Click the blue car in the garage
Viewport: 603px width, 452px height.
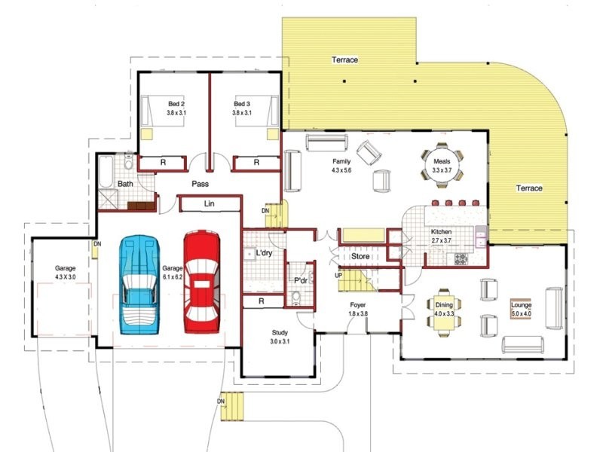139,285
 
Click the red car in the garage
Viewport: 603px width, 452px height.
201,282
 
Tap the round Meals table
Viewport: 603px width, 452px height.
442,165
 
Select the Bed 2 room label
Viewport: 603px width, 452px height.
176,104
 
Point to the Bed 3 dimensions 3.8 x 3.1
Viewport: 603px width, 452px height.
242,113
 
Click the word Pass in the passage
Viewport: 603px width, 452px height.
200,184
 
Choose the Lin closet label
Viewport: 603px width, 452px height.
210,203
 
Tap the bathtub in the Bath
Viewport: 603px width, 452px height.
106,172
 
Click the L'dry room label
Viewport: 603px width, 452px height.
264,253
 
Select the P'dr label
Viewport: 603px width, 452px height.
300,280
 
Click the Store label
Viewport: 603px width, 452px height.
360,256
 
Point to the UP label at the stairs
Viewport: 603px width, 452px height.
338,276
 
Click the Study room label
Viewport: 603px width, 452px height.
280,333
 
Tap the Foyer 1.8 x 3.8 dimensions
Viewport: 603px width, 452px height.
358,313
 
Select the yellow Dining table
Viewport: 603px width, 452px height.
444,312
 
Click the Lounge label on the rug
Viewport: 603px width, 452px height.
521,305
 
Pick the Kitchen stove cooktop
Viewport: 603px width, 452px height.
461,258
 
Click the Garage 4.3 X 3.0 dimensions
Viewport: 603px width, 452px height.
65,276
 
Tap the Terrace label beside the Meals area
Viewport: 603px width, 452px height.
529,188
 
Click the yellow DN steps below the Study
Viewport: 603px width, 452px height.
232,406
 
